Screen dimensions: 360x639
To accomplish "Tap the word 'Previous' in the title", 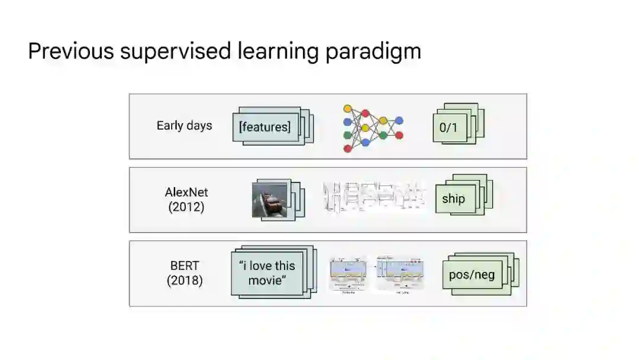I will [x=70, y=52].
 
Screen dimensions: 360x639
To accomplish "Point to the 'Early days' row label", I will [x=184, y=126].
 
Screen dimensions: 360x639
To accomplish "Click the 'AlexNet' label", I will [x=186, y=192].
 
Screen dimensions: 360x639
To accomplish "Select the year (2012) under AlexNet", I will [x=186, y=207].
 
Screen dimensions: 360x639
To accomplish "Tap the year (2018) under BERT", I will [x=185, y=280].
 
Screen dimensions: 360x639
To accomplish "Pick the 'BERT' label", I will [x=185, y=266].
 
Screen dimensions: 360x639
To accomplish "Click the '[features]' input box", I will [x=264, y=127].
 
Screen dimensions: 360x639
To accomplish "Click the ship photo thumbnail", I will [x=270, y=200].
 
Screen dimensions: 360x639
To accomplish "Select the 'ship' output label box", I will [x=453, y=199].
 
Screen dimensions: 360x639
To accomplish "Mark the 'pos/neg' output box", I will [x=472, y=275].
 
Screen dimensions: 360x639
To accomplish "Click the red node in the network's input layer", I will [x=348, y=148].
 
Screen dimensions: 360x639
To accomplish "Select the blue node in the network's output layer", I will [x=399, y=121].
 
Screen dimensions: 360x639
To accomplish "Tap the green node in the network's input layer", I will [x=348, y=135].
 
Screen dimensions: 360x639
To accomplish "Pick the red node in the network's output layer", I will [x=399, y=135].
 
